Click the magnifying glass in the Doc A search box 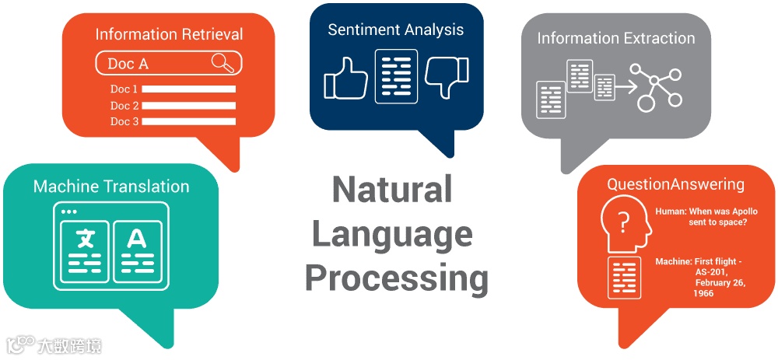click(x=223, y=63)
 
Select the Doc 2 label click(x=124, y=106)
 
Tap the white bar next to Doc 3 click(x=188, y=122)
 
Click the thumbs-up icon click(x=345, y=77)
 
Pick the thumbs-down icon click(x=447, y=76)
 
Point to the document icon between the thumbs click(x=396, y=76)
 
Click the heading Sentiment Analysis click(x=395, y=30)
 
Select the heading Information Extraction click(x=615, y=38)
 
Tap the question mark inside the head click(x=622, y=224)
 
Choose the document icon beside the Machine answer click(x=624, y=277)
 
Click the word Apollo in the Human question click(x=728, y=211)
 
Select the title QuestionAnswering click(x=675, y=184)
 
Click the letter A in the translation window click(x=137, y=237)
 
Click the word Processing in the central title click(x=396, y=278)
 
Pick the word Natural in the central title click(x=392, y=190)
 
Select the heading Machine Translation click(x=111, y=187)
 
